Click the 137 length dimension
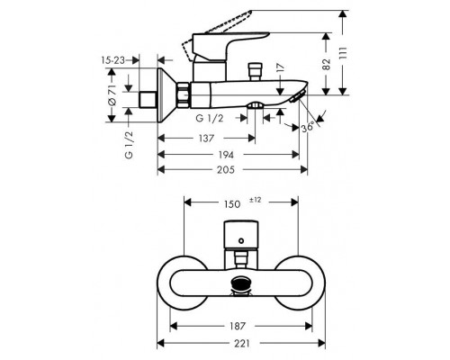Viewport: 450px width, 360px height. [x=203, y=138]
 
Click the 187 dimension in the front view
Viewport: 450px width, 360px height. [x=238, y=326]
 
